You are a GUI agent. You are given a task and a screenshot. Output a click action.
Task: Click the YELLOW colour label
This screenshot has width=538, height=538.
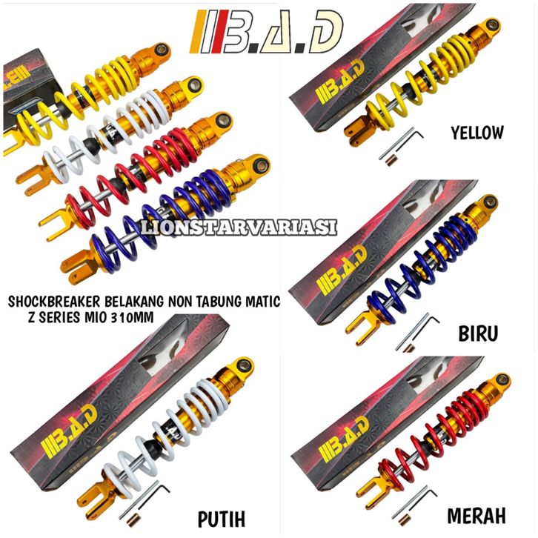click(x=477, y=133)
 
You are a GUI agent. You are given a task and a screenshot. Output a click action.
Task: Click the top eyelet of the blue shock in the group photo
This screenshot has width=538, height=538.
click(x=257, y=163)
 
